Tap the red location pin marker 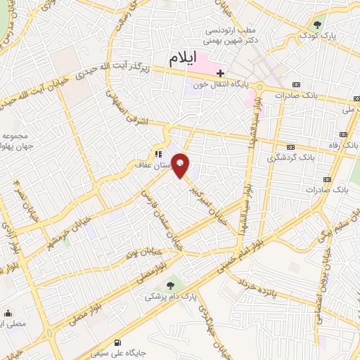click(x=181, y=166)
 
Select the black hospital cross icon click(x=221, y=72)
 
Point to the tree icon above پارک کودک click(x=318, y=24)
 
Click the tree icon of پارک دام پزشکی click(x=171, y=285)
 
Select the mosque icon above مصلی click(x=8, y=314)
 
